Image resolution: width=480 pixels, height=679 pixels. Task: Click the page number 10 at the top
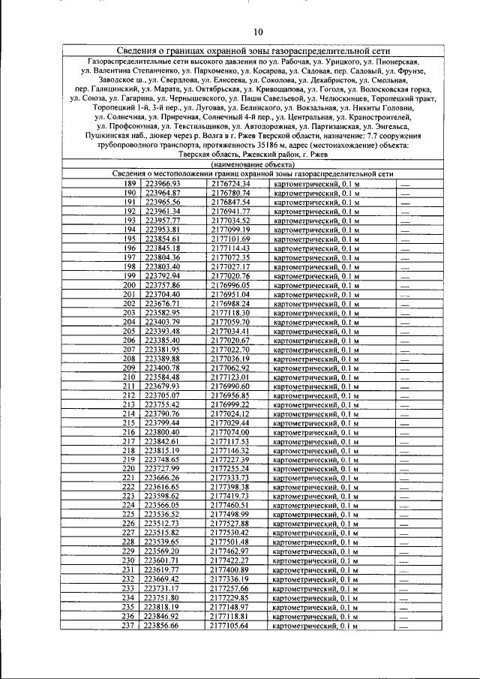tap(257, 32)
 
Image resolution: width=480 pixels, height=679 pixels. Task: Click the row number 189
tap(129, 184)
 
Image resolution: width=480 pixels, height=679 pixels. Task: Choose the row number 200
tap(129, 285)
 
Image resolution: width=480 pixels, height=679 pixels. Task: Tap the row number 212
tap(129, 395)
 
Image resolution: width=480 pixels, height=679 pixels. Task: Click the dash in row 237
tap(405, 625)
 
